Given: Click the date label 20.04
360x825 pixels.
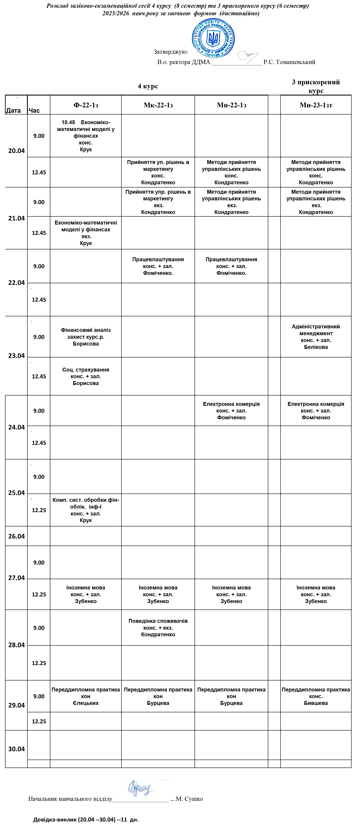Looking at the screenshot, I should (16, 151).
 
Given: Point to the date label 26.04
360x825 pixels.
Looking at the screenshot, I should (16, 536).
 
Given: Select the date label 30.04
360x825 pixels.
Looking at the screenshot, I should (16, 749).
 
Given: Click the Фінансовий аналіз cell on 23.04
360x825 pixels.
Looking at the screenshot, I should (86, 337).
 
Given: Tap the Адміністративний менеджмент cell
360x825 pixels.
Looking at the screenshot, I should (316, 337).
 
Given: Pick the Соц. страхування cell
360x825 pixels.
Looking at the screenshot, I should (86, 376).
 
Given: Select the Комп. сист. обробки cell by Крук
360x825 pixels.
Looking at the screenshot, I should (86, 510).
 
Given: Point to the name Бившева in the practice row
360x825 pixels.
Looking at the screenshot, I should (316, 703).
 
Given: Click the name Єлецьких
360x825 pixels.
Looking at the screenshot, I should (86, 703).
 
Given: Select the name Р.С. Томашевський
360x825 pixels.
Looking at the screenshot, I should (289, 62).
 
